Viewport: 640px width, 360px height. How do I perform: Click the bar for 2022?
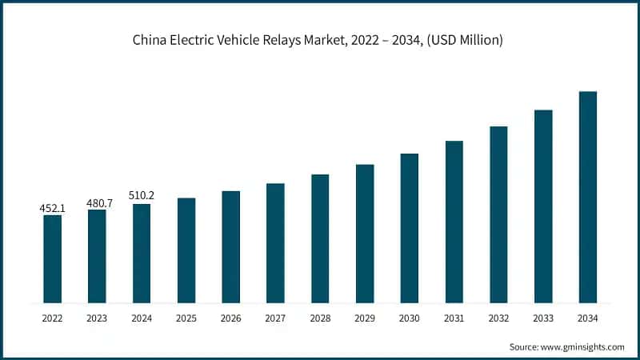(x=52, y=259)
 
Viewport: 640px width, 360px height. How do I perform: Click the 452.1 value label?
(x=52, y=208)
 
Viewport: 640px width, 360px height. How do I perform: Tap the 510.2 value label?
(x=142, y=197)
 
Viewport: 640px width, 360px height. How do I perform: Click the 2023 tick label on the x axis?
(x=97, y=318)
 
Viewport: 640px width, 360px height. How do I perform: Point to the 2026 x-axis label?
(x=230, y=318)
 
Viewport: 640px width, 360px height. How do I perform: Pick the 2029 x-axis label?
(x=365, y=318)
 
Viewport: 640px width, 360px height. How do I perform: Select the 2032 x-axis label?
(x=498, y=318)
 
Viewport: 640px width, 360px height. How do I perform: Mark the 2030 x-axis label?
(x=410, y=318)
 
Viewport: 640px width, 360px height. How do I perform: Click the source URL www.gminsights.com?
(x=582, y=346)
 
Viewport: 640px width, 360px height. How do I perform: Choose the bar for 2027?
(x=275, y=243)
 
